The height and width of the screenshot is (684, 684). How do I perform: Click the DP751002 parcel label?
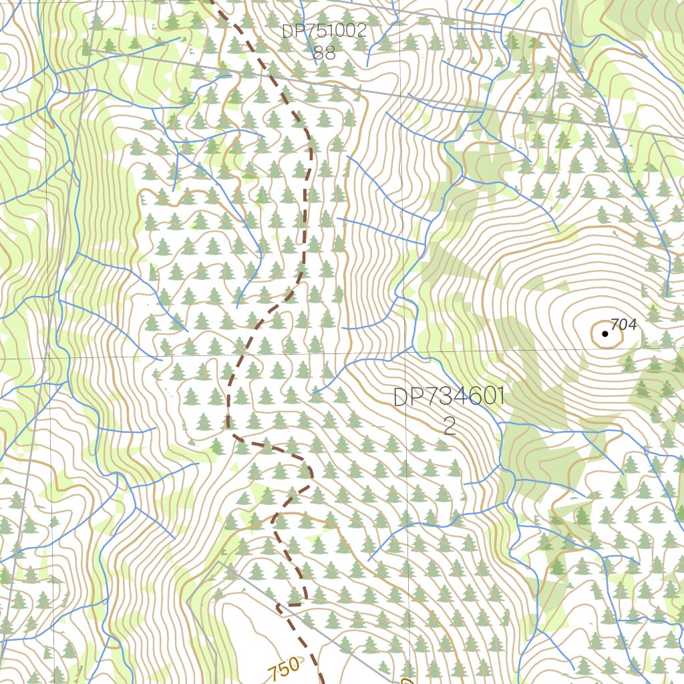pos(324,31)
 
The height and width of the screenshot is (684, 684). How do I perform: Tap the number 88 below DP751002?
pos(324,53)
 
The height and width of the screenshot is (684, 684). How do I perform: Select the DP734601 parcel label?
pos(448,397)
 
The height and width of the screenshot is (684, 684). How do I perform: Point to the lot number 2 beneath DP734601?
pos(450,427)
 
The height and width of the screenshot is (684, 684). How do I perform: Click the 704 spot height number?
pos(624,325)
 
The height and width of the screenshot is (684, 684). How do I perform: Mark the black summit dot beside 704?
pos(605,333)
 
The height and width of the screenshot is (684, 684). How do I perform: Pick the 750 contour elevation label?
pos(285,669)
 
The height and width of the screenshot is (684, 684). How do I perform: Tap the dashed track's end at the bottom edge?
pos(321,681)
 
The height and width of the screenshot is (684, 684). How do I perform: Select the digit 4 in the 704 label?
pos(632,325)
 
